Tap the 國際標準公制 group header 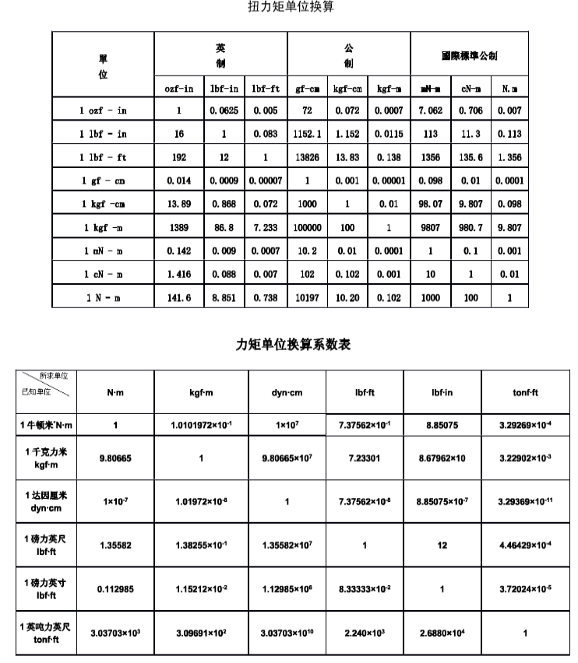point(468,56)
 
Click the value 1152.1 point(307,134)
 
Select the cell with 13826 point(307,157)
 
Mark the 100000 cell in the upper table point(307,227)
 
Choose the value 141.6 point(179,297)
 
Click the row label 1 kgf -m point(103,227)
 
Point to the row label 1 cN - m point(103,274)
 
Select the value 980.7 point(471,227)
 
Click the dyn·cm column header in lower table point(287,393)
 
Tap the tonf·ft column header point(525,393)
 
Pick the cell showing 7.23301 point(365,458)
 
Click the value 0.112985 point(115,589)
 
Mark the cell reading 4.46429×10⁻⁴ point(525,545)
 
